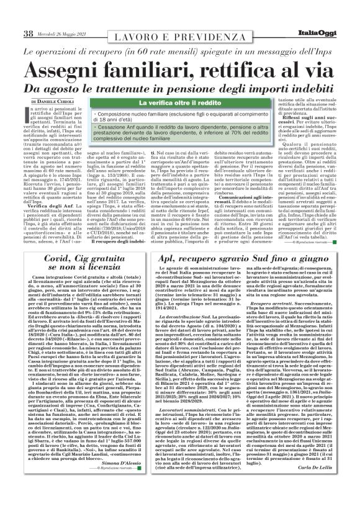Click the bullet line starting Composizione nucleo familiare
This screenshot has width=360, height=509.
click(180, 115)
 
